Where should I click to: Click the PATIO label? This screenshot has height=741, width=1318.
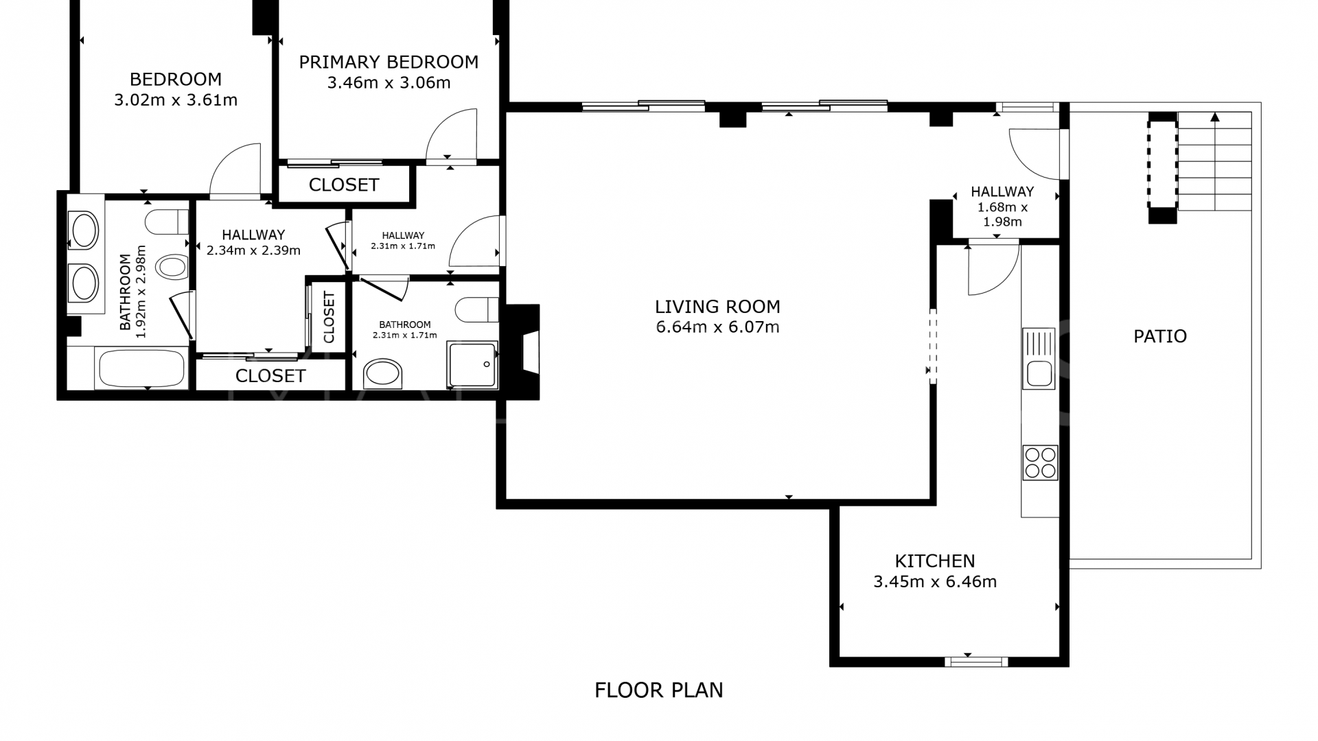tap(1160, 336)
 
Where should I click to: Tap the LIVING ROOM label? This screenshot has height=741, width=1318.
tap(717, 307)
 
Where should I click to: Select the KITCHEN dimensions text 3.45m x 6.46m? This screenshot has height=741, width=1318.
tap(935, 582)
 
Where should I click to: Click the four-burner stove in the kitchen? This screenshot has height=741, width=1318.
tap(1040, 462)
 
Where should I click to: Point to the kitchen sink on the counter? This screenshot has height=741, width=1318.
tap(1039, 358)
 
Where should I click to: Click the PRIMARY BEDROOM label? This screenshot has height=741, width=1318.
tap(389, 62)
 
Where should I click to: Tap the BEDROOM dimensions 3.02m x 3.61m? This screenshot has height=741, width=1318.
tap(176, 100)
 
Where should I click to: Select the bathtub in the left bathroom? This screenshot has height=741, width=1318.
tap(142, 368)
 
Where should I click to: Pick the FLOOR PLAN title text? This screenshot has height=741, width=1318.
tap(659, 690)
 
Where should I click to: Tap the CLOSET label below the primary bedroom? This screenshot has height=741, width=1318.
tap(344, 185)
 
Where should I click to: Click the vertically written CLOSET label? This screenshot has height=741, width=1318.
tap(329, 318)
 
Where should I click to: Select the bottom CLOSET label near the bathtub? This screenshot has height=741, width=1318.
tap(270, 376)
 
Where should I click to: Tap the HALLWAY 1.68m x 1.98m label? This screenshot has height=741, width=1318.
tap(1002, 207)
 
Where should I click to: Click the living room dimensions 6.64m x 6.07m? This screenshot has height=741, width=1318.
tap(717, 327)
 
